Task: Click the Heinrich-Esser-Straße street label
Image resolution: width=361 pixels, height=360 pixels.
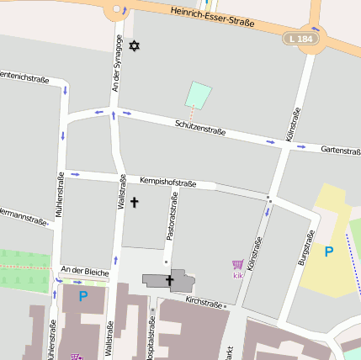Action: pos(211,18)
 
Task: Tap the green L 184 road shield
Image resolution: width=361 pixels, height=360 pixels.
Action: pos(299,39)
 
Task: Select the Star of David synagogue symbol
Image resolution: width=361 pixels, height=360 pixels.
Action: pos(132,44)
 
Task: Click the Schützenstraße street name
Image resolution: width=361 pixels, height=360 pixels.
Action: pos(200,126)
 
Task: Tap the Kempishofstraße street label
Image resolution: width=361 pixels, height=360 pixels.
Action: pos(167,182)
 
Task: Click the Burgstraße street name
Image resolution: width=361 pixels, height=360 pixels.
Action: pos(305,248)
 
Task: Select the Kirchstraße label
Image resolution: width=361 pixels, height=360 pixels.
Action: pos(204,301)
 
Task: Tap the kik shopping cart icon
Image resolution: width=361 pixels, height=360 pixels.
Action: pos(237,266)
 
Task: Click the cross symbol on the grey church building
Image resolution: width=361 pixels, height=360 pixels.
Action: pos(169,280)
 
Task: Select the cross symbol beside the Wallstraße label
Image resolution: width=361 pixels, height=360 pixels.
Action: pos(134,203)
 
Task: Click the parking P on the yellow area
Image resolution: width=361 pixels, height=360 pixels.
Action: pos(329,251)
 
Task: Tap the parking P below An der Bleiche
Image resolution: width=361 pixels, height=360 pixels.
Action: pos(82,296)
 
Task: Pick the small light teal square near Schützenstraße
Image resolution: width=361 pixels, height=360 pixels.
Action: pos(198,94)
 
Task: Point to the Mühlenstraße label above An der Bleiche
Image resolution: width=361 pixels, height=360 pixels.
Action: pos(61,196)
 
